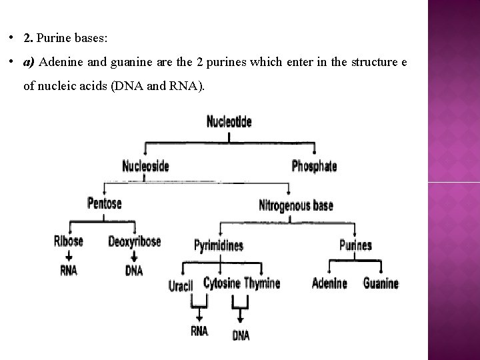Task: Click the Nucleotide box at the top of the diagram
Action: coord(229,122)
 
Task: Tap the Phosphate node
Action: coord(314,166)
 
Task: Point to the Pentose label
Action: coord(105,203)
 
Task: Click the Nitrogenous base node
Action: coord(295,205)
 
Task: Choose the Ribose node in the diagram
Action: coord(69,241)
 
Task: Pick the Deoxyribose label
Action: coord(134,241)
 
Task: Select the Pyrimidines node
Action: coord(218,245)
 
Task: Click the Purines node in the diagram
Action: coord(355,245)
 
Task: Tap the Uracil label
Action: coord(181,285)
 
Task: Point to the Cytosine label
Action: coord(221,283)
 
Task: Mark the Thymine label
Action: coord(262,283)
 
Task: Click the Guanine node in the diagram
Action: coord(381,283)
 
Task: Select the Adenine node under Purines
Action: coord(329,283)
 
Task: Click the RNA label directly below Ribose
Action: coord(69,270)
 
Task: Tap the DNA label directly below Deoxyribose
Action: coord(134,270)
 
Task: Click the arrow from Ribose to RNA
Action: coord(69,256)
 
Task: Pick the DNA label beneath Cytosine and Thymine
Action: coord(241,335)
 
